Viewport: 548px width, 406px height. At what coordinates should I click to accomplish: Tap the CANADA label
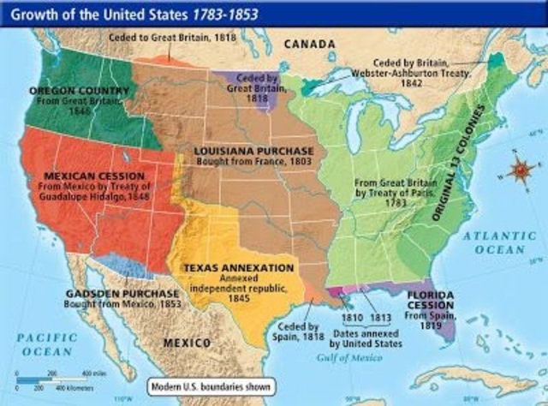click(x=308, y=43)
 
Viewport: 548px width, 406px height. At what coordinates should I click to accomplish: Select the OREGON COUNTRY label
click(x=68, y=90)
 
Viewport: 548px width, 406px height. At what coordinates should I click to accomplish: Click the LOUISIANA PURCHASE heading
click(x=248, y=150)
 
